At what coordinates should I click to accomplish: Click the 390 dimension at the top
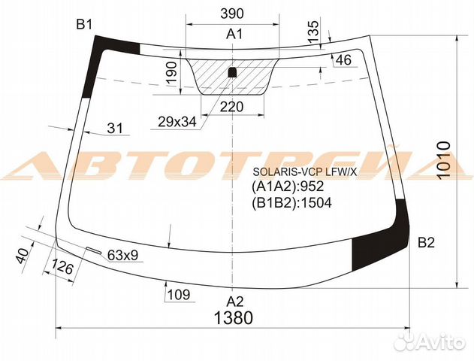[232, 14]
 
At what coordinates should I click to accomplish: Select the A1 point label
[234, 34]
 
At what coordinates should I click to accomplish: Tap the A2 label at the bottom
[235, 302]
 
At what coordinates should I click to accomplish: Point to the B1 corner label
[84, 25]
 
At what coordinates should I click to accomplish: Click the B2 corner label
[426, 242]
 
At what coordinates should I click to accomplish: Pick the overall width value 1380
[233, 318]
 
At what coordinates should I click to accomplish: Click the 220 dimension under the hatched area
[231, 107]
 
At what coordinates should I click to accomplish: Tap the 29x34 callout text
[177, 122]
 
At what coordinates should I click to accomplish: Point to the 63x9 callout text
[122, 256]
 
